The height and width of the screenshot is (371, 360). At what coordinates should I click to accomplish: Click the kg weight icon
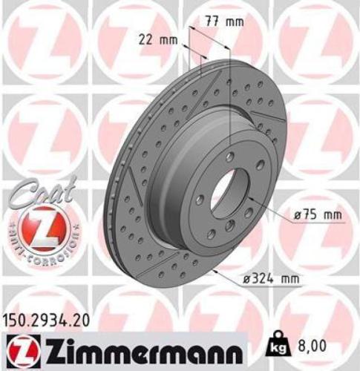tap(275, 344)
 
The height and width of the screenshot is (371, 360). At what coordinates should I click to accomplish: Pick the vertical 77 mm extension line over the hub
tap(231, 89)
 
